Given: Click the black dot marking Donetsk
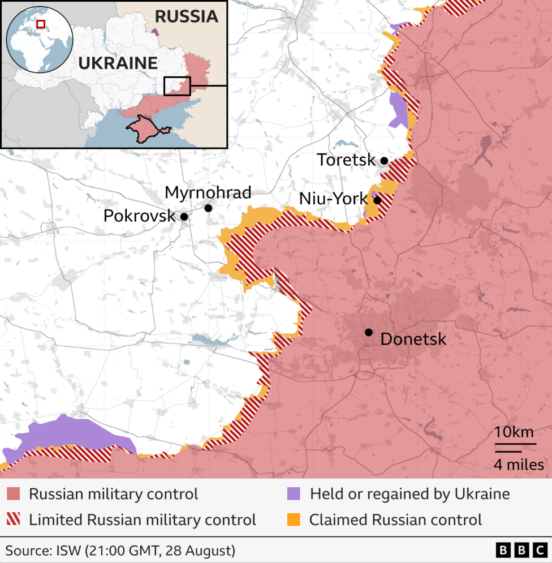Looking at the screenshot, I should (369, 332).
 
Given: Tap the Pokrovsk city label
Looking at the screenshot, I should (139, 216).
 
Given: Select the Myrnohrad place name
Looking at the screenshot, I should (208, 192).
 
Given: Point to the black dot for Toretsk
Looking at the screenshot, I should (384, 161).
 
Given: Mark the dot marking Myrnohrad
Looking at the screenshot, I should (208, 208).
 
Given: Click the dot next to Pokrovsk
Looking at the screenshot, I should (184, 216).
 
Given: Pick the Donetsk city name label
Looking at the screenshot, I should (413, 339).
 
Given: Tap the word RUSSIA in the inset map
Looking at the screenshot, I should (186, 16).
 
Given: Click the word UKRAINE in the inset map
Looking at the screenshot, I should (118, 63).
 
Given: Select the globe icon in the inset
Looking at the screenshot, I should (40, 40).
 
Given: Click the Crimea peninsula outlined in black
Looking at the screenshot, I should (148, 127).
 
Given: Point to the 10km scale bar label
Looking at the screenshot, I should (514, 432).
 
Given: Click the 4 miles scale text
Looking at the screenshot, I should (519, 465).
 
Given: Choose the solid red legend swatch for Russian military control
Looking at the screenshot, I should (15, 494).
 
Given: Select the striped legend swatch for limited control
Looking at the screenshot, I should (15, 519).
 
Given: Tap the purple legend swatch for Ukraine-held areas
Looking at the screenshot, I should (293, 494).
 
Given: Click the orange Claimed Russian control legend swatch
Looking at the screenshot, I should (293, 519).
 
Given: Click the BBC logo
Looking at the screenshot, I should (521, 550).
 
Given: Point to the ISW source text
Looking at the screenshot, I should (120, 550).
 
